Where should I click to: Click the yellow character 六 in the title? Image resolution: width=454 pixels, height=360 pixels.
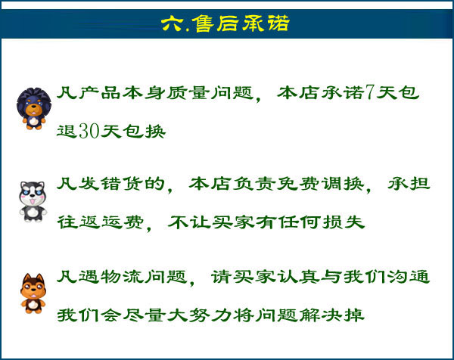click(173, 23)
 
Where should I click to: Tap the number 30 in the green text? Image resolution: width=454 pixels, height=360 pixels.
click(89, 131)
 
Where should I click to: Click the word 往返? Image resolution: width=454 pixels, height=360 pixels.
click(79, 222)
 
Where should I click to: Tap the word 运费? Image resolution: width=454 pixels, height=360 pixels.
click(123, 222)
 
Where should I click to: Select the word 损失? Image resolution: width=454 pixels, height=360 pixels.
click(343, 222)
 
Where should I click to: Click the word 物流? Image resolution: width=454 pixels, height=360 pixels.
click(122, 277)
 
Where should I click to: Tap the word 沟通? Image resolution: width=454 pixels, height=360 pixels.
click(409, 277)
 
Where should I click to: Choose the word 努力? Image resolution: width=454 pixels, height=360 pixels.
click(210, 315)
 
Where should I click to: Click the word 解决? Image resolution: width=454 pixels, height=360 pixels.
click(320, 315)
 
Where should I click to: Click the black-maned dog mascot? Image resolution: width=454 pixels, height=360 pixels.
click(34, 108)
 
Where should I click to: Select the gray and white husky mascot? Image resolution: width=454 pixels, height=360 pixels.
click(33, 201)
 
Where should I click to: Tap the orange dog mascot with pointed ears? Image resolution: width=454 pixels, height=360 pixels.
click(33, 293)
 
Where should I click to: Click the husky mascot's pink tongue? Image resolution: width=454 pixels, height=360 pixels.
click(33, 201)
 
